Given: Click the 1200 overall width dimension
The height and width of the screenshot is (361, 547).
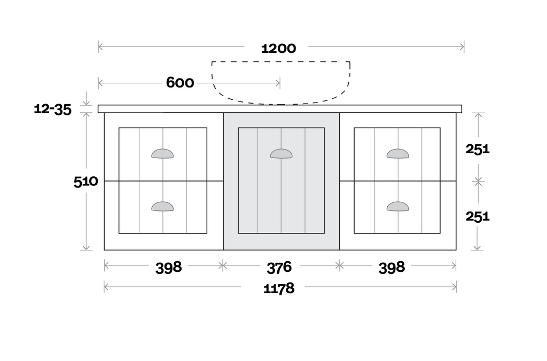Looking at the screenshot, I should click(x=278, y=48).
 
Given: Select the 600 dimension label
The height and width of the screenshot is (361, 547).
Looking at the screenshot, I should click(x=180, y=83).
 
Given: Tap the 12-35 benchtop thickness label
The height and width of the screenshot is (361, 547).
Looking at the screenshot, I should click(x=52, y=109).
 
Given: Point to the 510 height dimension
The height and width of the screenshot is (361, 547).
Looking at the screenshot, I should click(x=85, y=182).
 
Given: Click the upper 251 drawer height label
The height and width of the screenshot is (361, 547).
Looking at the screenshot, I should click(x=478, y=149).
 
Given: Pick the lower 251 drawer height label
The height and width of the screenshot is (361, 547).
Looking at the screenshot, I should click(x=478, y=216).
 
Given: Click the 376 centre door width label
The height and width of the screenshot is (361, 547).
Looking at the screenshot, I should click(x=279, y=266).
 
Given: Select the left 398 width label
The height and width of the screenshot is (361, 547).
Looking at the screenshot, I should click(x=169, y=266).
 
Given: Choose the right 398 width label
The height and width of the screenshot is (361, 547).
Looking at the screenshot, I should click(x=392, y=266).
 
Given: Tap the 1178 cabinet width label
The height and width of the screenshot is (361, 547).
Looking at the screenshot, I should click(x=279, y=288).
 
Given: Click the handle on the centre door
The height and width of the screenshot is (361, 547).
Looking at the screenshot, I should click(x=281, y=154).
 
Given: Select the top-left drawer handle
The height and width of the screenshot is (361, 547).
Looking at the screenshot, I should click(x=162, y=154).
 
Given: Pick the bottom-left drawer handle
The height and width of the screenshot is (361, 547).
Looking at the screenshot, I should click(x=162, y=206).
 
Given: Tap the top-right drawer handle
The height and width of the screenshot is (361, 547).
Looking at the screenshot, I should click(x=397, y=154).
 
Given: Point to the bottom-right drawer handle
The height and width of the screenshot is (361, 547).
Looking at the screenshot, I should click(x=397, y=206).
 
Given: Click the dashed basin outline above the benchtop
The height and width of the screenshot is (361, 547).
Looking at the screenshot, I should click(x=282, y=101).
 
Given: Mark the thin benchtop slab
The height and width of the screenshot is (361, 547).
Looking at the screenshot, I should click(x=280, y=109).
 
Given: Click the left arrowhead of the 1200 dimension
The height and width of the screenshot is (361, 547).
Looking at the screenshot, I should click(x=100, y=47).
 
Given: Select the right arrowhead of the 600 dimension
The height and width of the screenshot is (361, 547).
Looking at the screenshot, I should click(x=278, y=83).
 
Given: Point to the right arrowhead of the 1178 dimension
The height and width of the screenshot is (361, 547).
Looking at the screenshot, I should click(x=455, y=287).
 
